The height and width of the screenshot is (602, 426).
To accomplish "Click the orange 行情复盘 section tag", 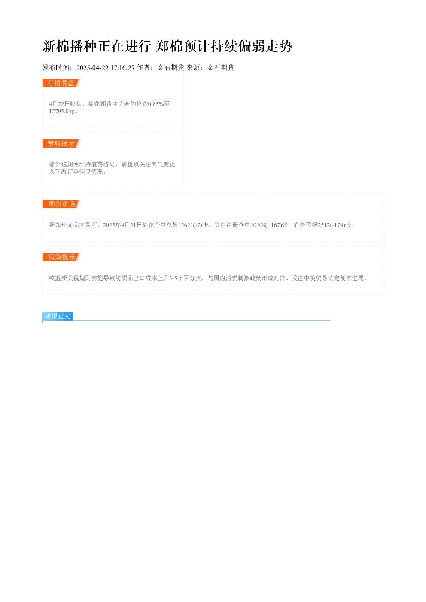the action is click(x=61, y=83).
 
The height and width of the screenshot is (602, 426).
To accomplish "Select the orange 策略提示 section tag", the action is click(x=61, y=143).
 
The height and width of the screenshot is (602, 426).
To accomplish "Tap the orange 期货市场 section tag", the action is click(x=61, y=204).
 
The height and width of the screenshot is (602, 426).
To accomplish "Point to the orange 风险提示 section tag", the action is click(x=61, y=257).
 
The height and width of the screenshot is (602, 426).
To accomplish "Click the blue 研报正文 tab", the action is click(x=58, y=316).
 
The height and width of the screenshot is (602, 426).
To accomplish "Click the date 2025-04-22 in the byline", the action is click(x=92, y=68).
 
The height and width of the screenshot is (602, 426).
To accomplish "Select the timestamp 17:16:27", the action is click(x=123, y=68).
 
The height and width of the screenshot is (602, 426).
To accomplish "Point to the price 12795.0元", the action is click(x=61, y=111).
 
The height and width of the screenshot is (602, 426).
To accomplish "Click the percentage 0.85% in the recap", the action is click(x=156, y=104).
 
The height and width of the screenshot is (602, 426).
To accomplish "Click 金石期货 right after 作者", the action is click(x=171, y=68).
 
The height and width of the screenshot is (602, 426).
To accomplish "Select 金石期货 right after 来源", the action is click(x=221, y=68).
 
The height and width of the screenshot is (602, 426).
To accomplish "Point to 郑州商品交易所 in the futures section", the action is click(x=76, y=225).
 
